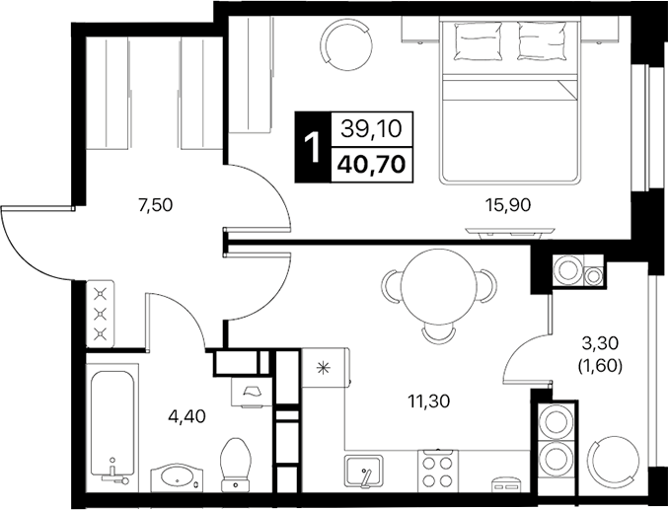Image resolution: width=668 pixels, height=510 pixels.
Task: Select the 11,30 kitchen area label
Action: tap(429, 401)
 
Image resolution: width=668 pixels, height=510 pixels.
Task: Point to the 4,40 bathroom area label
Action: tap(187, 415)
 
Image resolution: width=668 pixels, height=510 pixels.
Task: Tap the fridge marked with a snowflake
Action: tap(321, 370)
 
